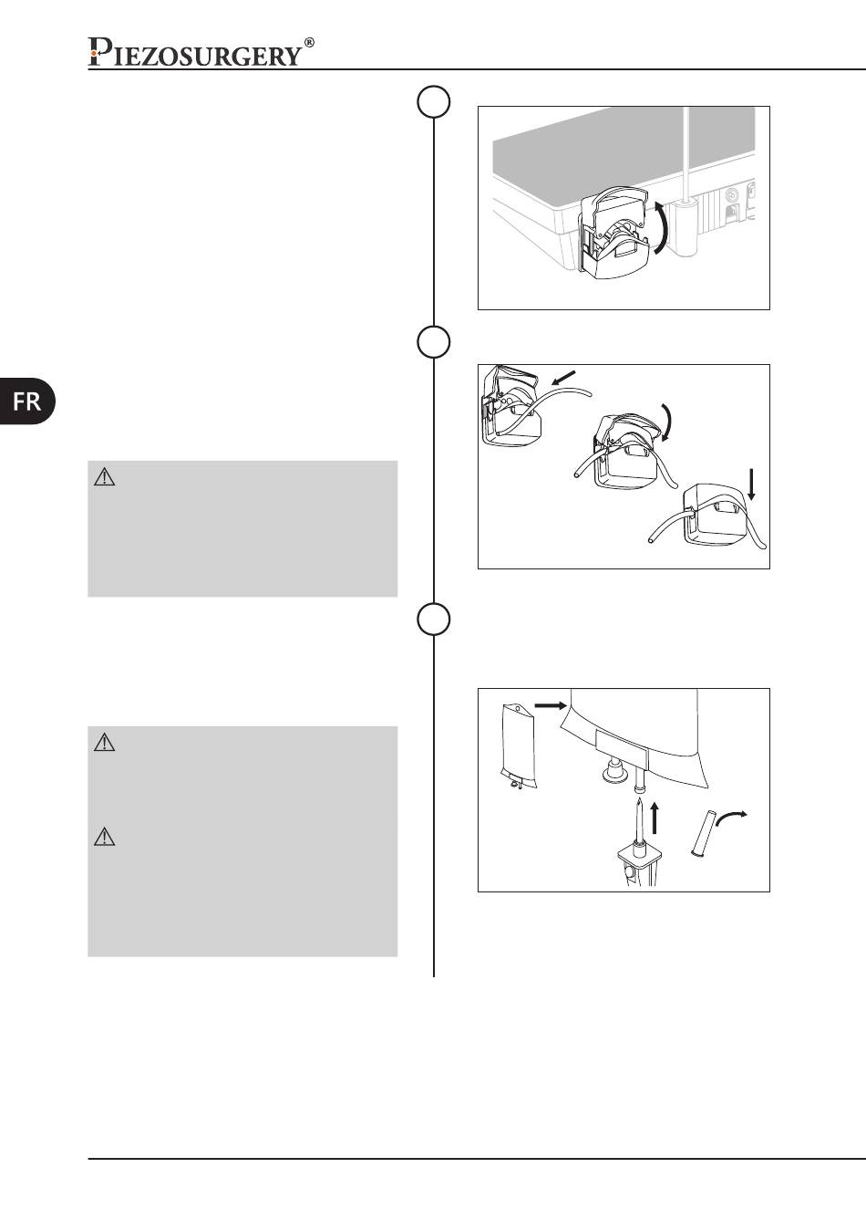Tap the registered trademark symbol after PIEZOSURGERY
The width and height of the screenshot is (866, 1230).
[309, 42]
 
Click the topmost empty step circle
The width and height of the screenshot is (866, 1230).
[433, 101]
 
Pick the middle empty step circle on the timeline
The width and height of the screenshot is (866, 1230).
[433, 342]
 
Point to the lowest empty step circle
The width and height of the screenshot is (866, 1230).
[433, 620]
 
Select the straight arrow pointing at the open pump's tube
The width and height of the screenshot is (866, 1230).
[563, 377]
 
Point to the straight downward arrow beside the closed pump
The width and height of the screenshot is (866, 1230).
[751, 484]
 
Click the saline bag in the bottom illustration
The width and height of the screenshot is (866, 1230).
[519, 745]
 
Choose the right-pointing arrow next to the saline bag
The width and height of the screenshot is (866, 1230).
[550, 705]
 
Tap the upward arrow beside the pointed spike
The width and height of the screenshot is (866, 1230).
[655, 818]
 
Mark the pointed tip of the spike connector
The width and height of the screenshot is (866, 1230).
[640, 799]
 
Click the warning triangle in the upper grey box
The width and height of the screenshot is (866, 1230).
[104, 477]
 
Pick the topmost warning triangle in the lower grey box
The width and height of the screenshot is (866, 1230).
[104, 743]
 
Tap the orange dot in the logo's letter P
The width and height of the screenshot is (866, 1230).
[94, 53]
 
